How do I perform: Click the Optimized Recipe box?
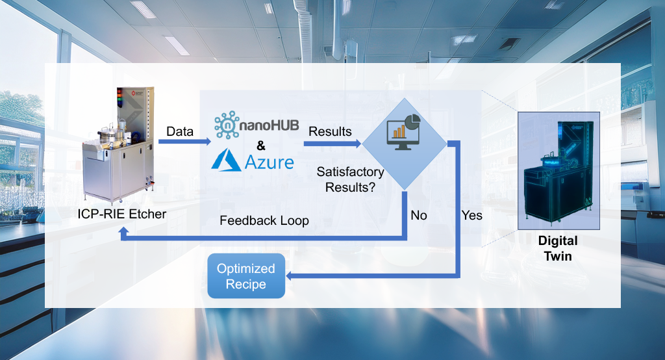pos(246,276)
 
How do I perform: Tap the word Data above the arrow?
pos(180,132)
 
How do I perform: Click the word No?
pos(419,215)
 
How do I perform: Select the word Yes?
pos(472,215)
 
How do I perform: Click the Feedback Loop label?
pos(264,220)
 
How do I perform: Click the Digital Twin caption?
pos(558,248)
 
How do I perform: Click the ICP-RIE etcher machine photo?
pos(117,146)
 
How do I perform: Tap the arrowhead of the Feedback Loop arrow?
pos(123,232)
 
